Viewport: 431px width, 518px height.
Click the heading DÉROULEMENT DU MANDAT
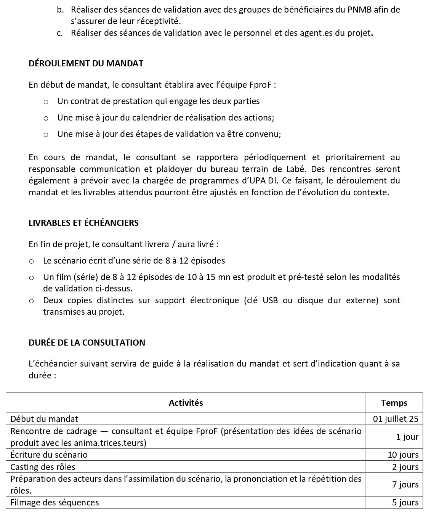tap(86, 63)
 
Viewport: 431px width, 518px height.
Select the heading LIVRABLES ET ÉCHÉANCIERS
tap(83, 223)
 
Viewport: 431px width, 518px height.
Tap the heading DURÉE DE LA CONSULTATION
tap(87, 343)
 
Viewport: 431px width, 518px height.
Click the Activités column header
tap(186, 403)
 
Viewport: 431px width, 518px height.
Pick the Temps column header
tap(394, 403)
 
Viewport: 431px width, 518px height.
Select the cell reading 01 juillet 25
tap(396, 419)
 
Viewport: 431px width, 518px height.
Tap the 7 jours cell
tap(405, 484)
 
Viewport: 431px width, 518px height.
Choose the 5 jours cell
tap(405, 502)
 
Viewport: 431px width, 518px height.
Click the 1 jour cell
tap(407, 437)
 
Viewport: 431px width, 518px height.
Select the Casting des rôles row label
tap(43, 467)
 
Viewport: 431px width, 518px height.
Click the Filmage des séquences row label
tap(54, 502)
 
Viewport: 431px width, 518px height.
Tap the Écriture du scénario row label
tap(49, 455)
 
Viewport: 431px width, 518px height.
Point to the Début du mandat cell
tap(44, 419)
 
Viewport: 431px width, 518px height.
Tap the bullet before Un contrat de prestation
tap(46, 102)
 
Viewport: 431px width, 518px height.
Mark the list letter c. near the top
tap(60, 33)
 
